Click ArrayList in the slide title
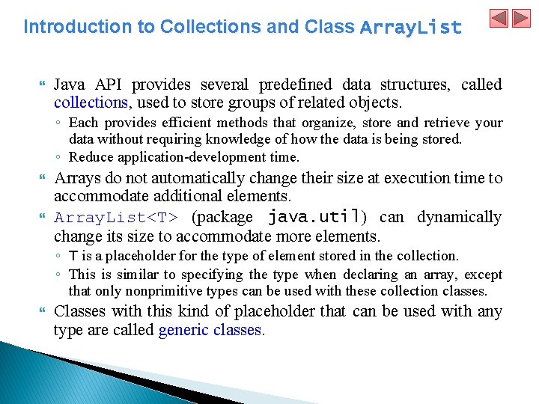coord(410,28)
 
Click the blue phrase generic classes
coord(210,330)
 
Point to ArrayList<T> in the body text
coord(116,218)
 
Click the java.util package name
coord(314,218)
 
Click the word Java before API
coord(70,85)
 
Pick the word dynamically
coord(459,218)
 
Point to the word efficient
coord(181,123)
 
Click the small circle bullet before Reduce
coord(58,157)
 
